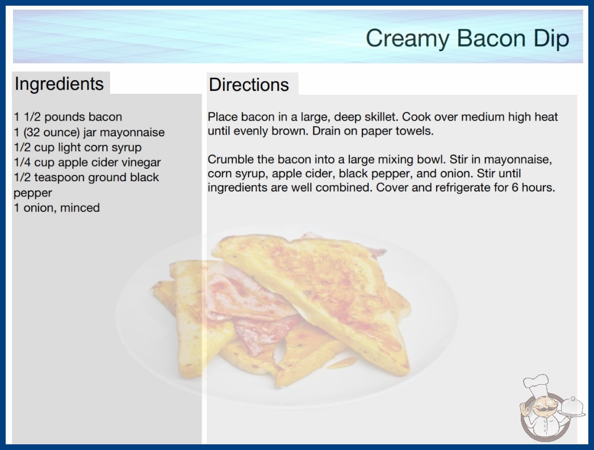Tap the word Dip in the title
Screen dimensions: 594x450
pos(551,39)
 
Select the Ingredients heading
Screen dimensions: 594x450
pos(59,84)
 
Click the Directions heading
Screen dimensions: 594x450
pos(249,85)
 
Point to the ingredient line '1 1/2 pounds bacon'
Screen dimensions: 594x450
pos(68,117)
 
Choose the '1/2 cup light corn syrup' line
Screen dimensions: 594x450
pos(78,148)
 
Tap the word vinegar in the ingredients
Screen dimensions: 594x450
pos(143,163)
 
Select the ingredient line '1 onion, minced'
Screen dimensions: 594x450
pos(57,208)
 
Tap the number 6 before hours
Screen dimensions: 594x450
pos(515,188)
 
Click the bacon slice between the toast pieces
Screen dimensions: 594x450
pos(253,303)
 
